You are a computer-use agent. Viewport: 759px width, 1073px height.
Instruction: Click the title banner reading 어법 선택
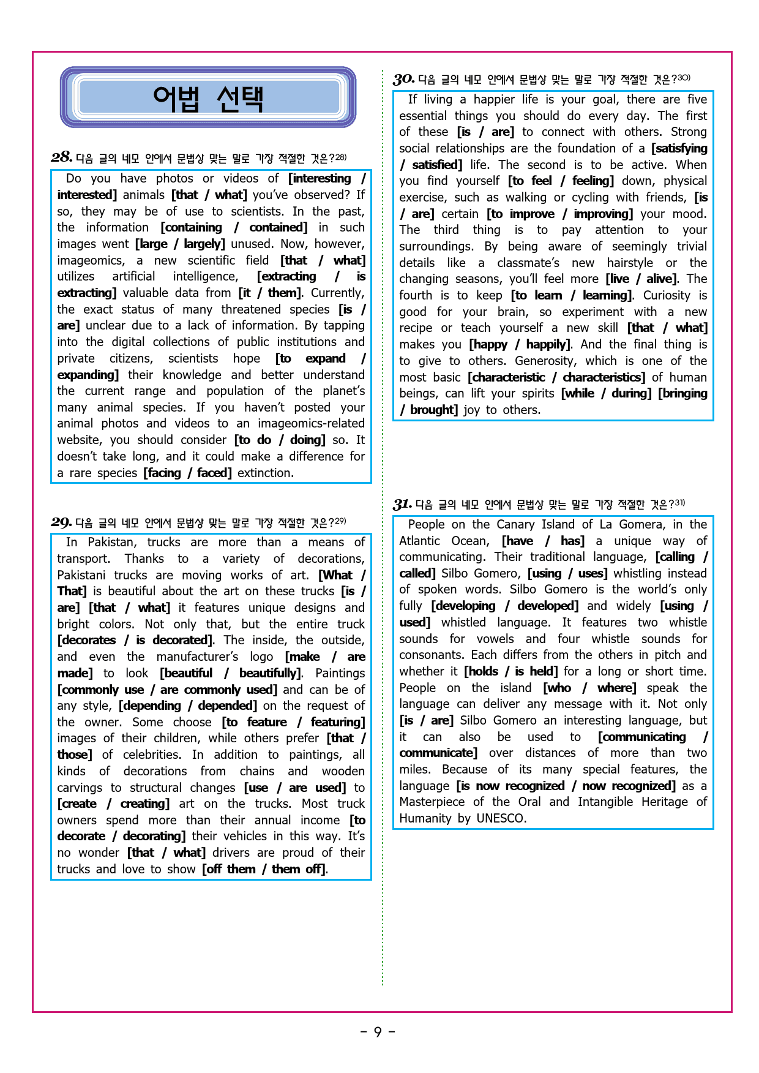click(208, 97)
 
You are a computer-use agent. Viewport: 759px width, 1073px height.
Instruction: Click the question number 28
click(61, 157)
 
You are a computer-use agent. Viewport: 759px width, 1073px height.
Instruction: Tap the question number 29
click(61, 522)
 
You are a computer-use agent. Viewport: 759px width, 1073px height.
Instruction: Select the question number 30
click(403, 79)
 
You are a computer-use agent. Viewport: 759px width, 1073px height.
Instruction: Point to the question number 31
click(402, 504)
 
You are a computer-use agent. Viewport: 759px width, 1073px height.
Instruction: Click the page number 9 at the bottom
click(378, 1032)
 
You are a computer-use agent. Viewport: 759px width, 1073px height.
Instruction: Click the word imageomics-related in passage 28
click(311, 423)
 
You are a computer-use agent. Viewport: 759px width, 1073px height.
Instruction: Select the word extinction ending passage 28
click(265, 473)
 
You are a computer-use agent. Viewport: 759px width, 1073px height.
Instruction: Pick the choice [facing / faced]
click(188, 473)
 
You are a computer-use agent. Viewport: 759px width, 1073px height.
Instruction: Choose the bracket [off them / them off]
click(264, 869)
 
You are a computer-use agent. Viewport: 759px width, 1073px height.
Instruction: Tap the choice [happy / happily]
click(520, 344)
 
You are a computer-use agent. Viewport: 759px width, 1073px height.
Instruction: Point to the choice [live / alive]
click(640, 279)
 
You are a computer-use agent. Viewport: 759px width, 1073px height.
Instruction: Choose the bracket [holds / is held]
click(510, 671)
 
